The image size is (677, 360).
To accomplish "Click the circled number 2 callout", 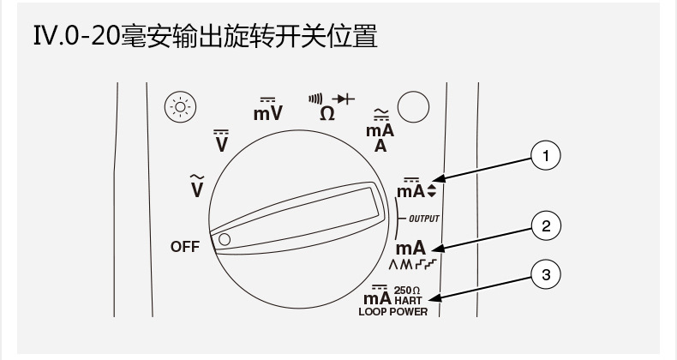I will [x=546, y=226].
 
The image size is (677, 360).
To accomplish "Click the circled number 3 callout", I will [x=546, y=275].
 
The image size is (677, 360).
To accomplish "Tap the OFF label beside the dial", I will [x=184, y=247].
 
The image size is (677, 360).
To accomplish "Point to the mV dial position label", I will [x=268, y=111].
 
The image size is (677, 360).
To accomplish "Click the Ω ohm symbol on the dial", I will [x=327, y=112].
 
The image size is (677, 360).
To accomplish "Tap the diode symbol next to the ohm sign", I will [x=344, y=99].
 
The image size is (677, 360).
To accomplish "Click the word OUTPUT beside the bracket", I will [x=422, y=219].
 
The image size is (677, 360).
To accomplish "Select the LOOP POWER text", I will [x=392, y=312].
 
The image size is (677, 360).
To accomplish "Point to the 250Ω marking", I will [x=406, y=291].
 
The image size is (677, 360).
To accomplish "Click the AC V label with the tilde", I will [x=197, y=184].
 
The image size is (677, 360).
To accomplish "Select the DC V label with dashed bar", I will [x=221, y=141].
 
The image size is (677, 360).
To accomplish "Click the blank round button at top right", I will [x=414, y=107].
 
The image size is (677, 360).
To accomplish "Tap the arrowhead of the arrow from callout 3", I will [x=435, y=299].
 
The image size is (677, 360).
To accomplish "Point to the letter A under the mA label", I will [x=380, y=145].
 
